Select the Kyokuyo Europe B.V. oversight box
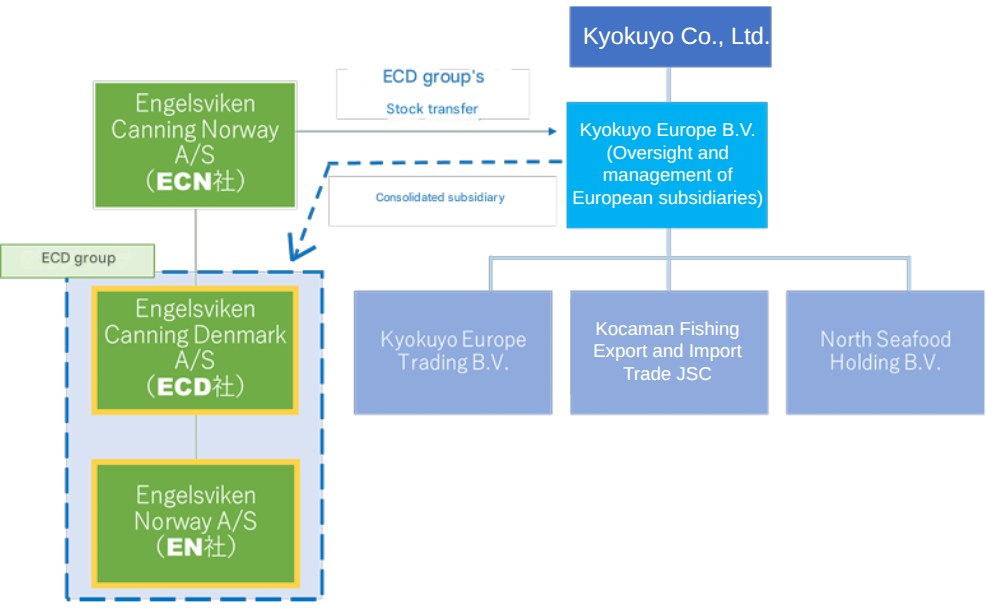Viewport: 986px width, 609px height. (x=667, y=164)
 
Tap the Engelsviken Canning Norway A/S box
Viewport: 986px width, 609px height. (x=195, y=144)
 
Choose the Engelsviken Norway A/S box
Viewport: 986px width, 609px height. (x=195, y=521)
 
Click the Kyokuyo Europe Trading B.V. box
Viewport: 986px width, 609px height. (x=453, y=351)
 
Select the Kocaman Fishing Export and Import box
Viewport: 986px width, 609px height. (x=667, y=351)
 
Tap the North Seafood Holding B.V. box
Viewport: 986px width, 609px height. (x=885, y=351)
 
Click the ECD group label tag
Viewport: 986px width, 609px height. (x=78, y=259)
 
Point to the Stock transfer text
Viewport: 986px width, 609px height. (x=432, y=108)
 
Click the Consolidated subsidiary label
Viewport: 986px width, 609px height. (x=440, y=198)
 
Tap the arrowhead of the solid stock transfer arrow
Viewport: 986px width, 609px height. (x=552, y=131)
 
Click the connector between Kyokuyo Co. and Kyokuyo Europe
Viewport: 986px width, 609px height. (x=670, y=84)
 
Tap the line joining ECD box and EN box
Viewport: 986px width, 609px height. (x=195, y=436)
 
